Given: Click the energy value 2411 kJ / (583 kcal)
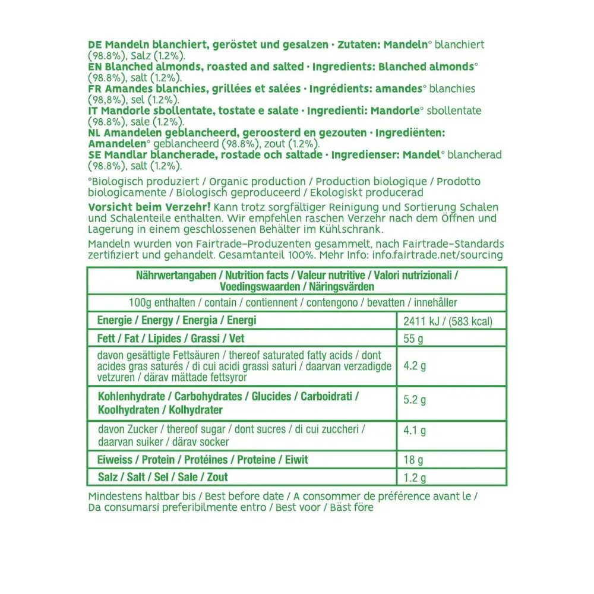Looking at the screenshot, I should [448, 322].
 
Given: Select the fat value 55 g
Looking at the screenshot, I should [413, 340].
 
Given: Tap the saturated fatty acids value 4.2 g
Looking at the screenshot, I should [415, 366].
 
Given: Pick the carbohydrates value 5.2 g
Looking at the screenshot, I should [415, 400].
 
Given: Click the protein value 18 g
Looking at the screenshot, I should [413, 460].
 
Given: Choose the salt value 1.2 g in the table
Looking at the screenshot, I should [415, 478].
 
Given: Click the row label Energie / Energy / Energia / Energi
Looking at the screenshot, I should [176, 321].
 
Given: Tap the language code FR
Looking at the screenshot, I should [94, 89].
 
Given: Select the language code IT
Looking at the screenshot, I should [93, 111].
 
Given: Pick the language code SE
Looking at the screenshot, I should [94, 155].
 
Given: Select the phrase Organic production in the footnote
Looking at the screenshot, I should [258, 182].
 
